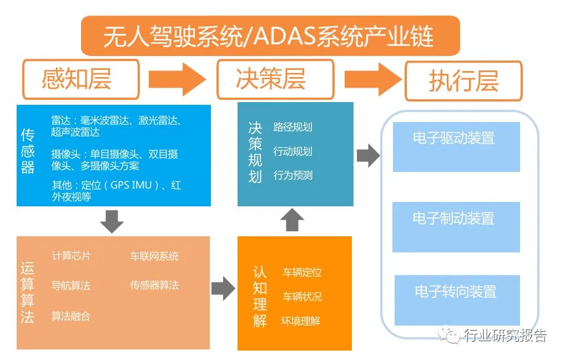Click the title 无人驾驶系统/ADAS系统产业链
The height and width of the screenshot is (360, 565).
coord(270,36)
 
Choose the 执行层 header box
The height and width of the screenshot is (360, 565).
coord(463,81)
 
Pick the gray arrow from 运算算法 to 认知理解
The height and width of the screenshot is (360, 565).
coord(223,288)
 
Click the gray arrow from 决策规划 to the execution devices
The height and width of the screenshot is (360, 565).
coord(368,156)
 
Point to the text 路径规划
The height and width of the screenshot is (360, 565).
coord(292,127)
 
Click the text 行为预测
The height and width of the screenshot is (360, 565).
coord(292,175)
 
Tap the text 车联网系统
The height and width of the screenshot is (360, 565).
coord(154,256)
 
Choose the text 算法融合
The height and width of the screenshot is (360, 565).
coord(71,316)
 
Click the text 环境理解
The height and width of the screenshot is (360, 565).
coord(300,321)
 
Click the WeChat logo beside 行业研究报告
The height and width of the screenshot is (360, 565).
coord(450,336)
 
